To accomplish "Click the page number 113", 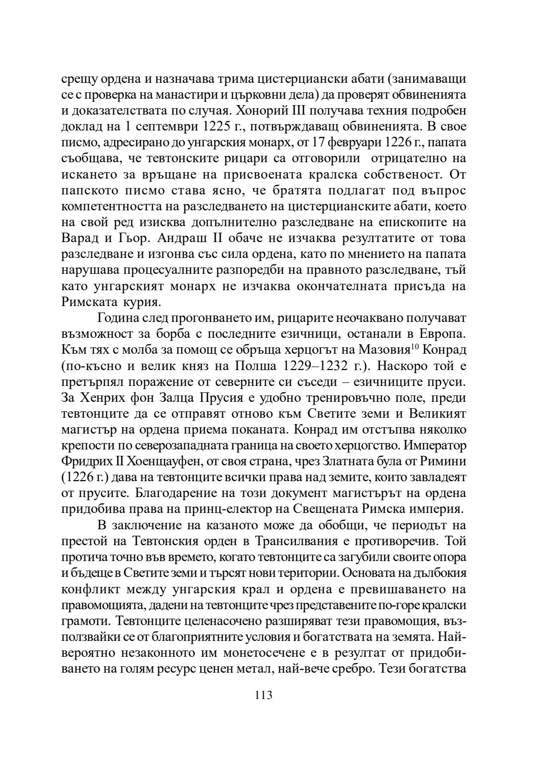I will (264, 695).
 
